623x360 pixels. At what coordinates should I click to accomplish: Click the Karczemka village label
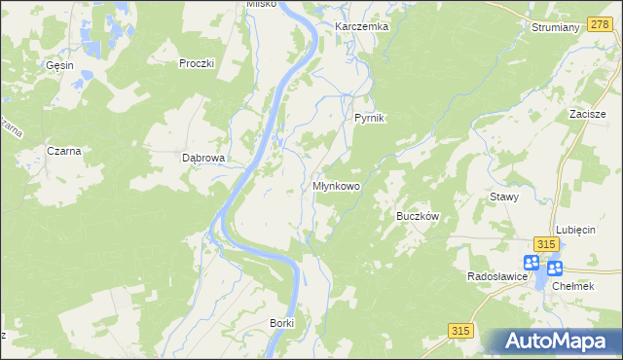coord(361,26)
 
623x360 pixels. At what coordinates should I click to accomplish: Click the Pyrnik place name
coord(370,118)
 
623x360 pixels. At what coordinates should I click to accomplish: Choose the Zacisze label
coord(589,114)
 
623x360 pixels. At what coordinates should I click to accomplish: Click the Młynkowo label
coord(337,185)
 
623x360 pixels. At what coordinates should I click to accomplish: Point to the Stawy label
coord(504,197)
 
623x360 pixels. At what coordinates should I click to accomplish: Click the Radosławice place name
coord(496,276)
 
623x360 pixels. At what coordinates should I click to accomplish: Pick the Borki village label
coord(281,322)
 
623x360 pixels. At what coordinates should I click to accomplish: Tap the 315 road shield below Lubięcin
coord(547,244)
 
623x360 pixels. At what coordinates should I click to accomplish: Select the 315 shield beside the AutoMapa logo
coord(461,332)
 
